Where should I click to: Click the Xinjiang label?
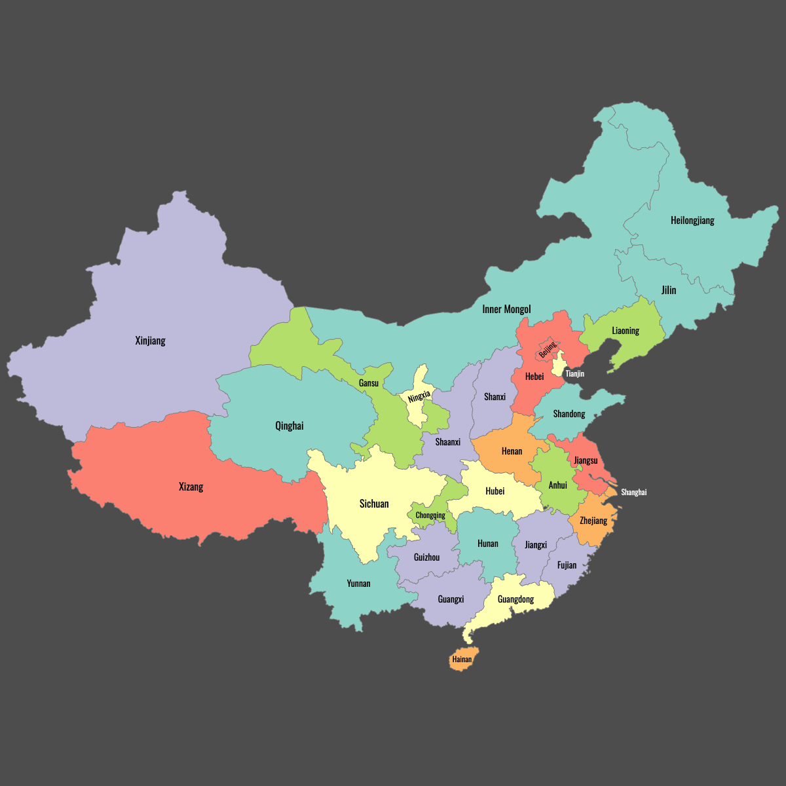tap(150, 341)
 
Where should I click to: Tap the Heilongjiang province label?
tap(692, 221)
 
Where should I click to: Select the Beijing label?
tap(547, 350)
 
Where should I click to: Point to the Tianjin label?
tap(574, 374)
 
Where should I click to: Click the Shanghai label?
tap(633, 492)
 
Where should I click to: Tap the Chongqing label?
tap(430, 515)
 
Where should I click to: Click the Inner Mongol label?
tap(506, 309)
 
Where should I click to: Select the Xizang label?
tap(191, 487)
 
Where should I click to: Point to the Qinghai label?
tap(289, 426)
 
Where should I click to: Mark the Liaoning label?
tap(625, 331)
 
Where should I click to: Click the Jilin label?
tap(668, 290)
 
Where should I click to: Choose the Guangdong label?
tap(515, 599)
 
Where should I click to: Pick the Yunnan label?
tap(358, 584)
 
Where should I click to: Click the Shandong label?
tap(569, 414)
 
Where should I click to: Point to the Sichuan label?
tap(374, 504)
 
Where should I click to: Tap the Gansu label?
tap(369, 383)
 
